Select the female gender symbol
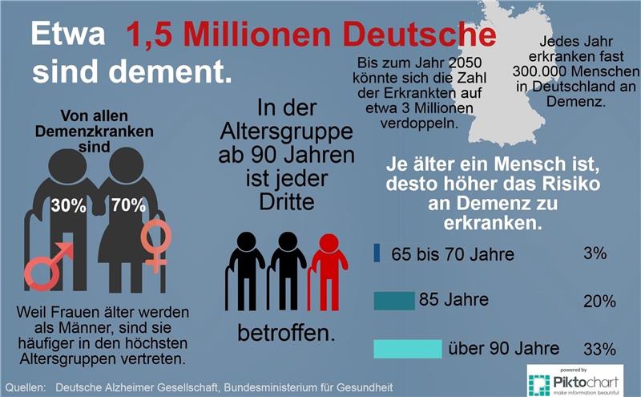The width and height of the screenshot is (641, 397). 155,244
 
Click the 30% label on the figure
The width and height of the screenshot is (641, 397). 69,205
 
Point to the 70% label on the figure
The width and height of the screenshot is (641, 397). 128,205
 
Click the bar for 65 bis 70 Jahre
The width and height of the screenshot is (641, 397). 377,253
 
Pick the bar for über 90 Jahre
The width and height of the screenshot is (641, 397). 408,349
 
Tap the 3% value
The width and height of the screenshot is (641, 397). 595,254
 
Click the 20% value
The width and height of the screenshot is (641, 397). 599,302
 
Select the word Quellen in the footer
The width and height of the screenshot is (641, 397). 26,387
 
